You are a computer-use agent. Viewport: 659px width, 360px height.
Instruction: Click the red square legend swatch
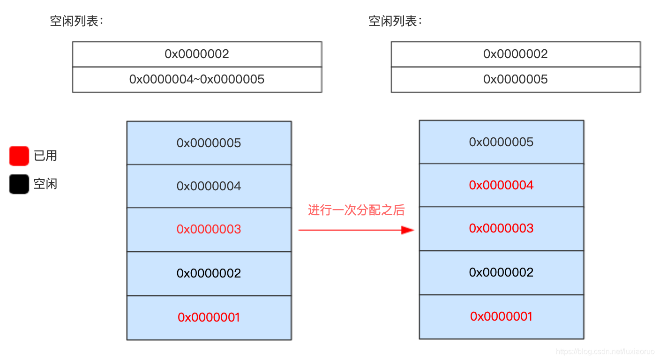click(19, 156)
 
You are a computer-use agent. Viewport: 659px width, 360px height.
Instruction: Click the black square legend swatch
click(19, 184)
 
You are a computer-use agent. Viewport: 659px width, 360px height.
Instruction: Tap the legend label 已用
click(45, 156)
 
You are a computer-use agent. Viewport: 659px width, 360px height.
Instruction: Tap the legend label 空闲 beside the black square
click(45, 184)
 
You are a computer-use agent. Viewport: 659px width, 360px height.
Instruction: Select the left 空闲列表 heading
click(76, 21)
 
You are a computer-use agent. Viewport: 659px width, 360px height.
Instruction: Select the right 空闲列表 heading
click(395, 21)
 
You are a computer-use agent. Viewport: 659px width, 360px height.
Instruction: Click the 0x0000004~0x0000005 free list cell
click(197, 80)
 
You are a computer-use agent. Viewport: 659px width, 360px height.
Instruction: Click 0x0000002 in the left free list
click(197, 54)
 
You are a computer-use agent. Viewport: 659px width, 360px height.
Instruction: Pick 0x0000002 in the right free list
click(516, 54)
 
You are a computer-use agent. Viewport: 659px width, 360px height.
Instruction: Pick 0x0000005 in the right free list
click(516, 80)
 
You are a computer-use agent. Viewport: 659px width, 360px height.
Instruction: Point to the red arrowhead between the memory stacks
click(408, 230)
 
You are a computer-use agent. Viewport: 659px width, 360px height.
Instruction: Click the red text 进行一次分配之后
click(356, 210)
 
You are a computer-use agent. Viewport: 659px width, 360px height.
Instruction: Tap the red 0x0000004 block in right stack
click(502, 185)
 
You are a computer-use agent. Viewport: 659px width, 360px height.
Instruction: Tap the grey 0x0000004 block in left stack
click(209, 186)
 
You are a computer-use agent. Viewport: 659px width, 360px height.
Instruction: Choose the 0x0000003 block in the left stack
click(209, 230)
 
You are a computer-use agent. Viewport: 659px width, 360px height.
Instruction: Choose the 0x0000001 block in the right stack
click(502, 317)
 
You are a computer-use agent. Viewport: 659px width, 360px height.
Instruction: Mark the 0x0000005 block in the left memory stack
click(209, 143)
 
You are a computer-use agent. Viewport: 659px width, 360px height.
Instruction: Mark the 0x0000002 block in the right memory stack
click(502, 273)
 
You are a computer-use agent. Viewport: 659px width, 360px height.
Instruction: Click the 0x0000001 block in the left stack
click(209, 318)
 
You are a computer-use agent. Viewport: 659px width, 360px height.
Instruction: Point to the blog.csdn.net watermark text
click(605, 352)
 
